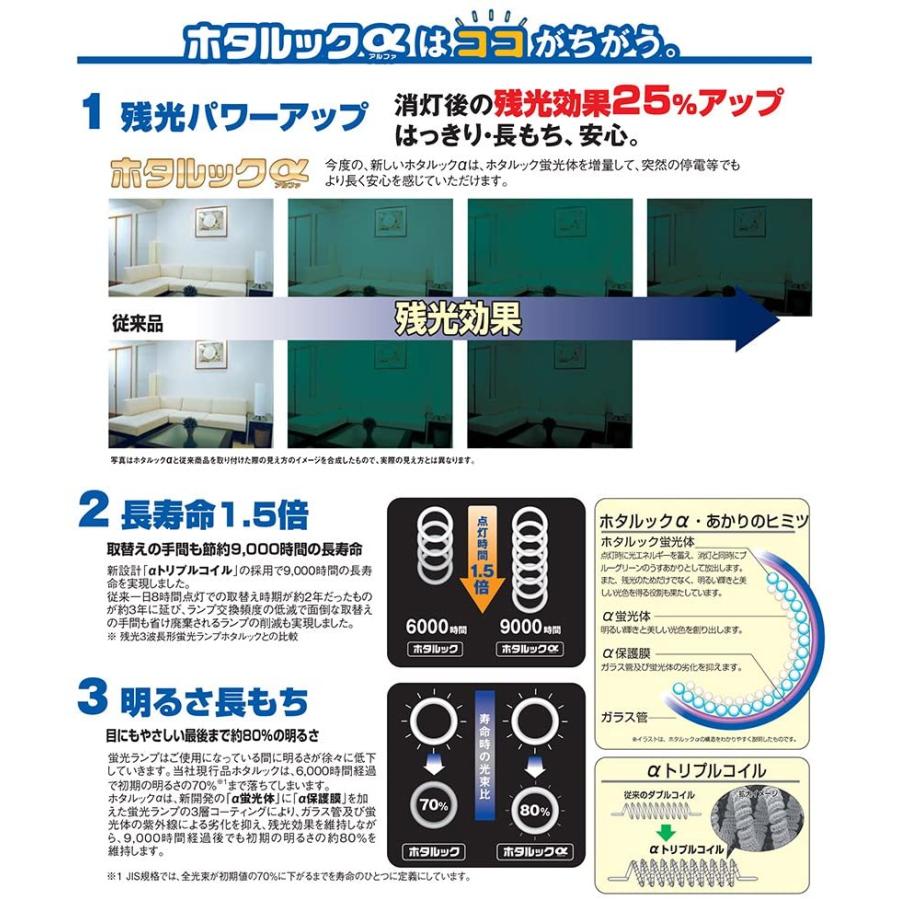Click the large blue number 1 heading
click(x=91, y=113)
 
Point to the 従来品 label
click(x=137, y=325)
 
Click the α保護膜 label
click(x=626, y=651)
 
